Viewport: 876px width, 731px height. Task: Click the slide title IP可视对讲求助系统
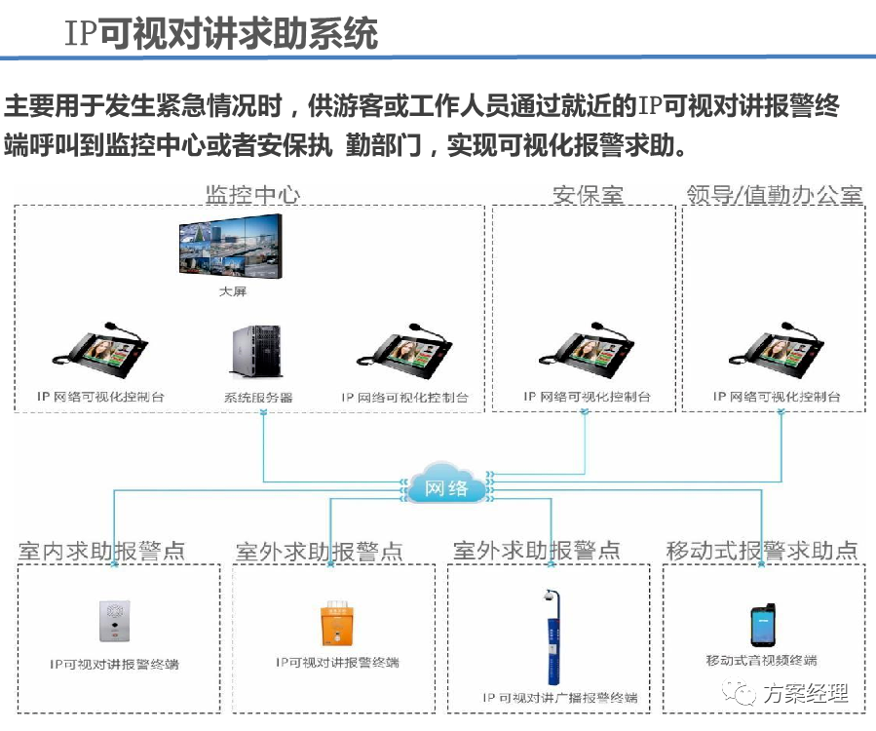pyautogui.click(x=220, y=34)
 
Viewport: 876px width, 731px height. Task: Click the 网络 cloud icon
pyautogui.click(x=447, y=484)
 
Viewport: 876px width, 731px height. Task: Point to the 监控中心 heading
pyautogui.click(x=252, y=194)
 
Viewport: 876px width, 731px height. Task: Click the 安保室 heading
pyautogui.click(x=588, y=194)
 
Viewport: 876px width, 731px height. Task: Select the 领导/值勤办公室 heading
pyautogui.click(x=774, y=194)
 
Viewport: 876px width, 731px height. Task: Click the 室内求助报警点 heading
pyautogui.click(x=101, y=551)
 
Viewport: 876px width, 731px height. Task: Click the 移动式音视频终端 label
pyautogui.click(x=761, y=661)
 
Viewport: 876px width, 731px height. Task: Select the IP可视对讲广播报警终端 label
pyautogui.click(x=560, y=698)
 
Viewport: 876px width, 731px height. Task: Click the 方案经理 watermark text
pyautogui.click(x=805, y=694)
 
